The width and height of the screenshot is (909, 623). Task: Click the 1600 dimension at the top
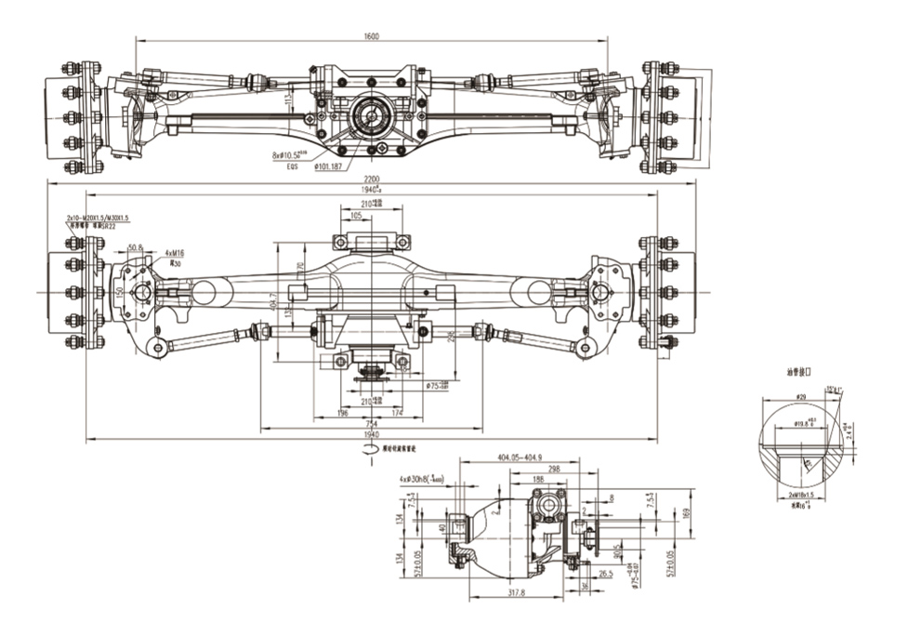[373, 35]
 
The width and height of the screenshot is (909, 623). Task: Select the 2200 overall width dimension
[372, 179]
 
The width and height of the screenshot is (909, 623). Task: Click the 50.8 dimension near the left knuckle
[135, 248]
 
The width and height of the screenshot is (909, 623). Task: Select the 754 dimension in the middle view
[372, 424]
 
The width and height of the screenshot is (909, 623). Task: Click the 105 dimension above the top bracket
[357, 214]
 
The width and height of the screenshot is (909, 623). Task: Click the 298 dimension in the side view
[554, 470]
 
